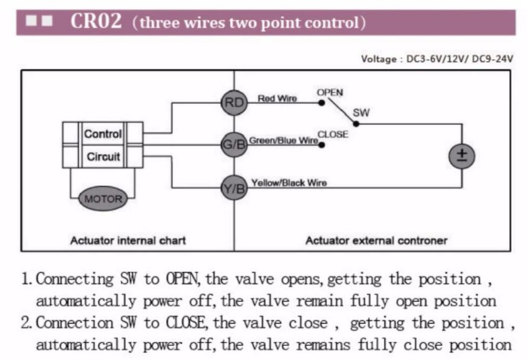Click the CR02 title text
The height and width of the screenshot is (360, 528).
click(x=97, y=22)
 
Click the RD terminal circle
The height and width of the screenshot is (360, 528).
click(x=233, y=102)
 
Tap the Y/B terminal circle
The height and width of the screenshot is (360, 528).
click(x=233, y=188)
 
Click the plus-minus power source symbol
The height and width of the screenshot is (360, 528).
click(x=461, y=155)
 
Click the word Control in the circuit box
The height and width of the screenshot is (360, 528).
click(x=103, y=134)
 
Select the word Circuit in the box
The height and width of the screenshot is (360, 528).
click(x=103, y=157)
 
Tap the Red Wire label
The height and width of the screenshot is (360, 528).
click(x=277, y=98)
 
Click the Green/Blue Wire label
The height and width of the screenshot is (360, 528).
click(x=284, y=140)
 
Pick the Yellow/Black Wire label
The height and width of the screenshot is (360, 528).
click(x=289, y=183)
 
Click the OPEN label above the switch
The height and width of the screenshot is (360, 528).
click(x=330, y=93)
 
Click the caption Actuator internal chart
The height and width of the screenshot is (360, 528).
click(x=128, y=240)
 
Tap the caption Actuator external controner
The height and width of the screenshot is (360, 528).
click(x=376, y=240)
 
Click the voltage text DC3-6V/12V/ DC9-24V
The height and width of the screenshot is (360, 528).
click(x=460, y=59)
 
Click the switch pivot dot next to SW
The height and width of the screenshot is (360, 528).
click(x=356, y=123)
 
